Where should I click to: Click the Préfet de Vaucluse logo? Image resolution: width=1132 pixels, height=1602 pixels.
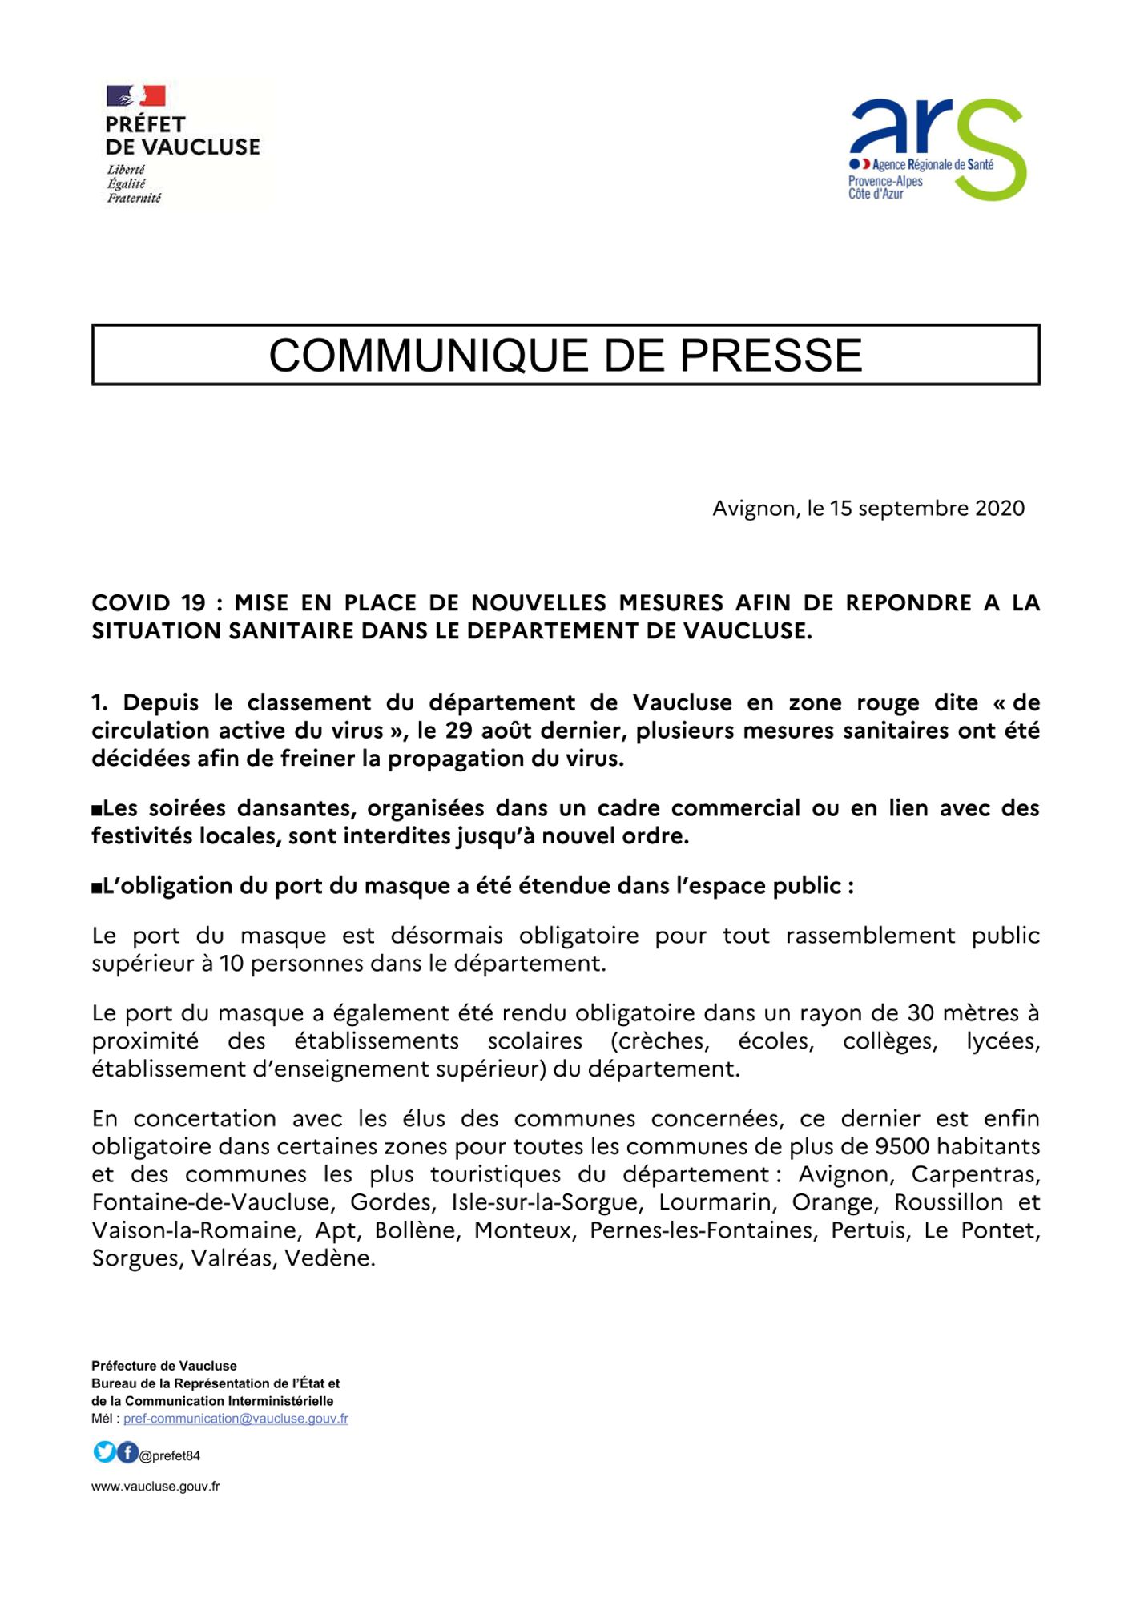(183, 144)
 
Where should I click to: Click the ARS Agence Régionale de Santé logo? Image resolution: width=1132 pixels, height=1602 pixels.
(936, 150)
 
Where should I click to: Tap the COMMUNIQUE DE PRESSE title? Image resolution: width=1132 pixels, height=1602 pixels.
(566, 355)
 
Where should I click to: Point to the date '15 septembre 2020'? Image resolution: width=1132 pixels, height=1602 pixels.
(927, 509)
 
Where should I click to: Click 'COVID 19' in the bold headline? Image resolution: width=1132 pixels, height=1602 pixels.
(148, 602)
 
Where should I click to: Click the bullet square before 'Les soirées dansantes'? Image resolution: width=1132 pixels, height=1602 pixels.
(97, 810)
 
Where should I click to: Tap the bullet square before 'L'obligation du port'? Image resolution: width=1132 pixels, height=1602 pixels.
(97, 888)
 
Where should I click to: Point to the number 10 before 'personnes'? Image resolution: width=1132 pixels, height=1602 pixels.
(231, 963)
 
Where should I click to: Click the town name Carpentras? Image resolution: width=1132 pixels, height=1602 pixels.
(975, 1174)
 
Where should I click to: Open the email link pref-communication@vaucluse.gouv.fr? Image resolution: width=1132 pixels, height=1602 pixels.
(236, 1419)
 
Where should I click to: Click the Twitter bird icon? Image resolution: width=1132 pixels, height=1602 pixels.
(104, 1451)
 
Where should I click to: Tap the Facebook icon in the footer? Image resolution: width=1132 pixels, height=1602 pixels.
(127, 1451)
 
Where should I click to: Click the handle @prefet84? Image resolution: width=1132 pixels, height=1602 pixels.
(170, 1456)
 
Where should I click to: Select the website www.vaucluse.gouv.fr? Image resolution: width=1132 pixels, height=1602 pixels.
(155, 1487)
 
